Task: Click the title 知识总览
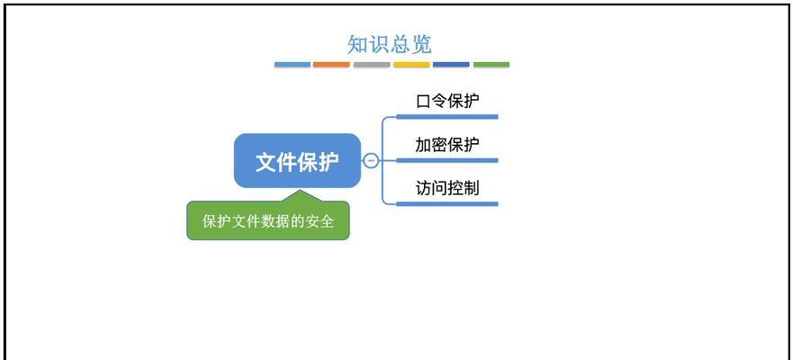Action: tap(390, 44)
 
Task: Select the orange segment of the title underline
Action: tap(331, 65)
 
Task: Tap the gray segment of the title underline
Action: tap(372, 65)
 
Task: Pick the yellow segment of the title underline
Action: tap(411, 65)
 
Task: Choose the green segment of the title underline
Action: tap(491, 65)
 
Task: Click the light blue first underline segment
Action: tap(293, 65)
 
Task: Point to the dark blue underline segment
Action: tap(451, 65)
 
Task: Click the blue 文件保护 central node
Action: tap(297, 161)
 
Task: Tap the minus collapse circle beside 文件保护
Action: tap(371, 161)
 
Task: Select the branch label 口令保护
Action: tap(447, 101)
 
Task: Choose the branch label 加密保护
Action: tap(447, 145)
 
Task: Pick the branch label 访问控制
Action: tap(447, 188)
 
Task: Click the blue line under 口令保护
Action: tap(447, 117)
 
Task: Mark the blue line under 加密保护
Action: tap(447, 160)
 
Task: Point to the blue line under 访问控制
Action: tap(447, 203)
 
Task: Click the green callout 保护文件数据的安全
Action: tap(268, 220)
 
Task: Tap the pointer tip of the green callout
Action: tap(301, 190)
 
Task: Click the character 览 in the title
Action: tap(422, 44)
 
